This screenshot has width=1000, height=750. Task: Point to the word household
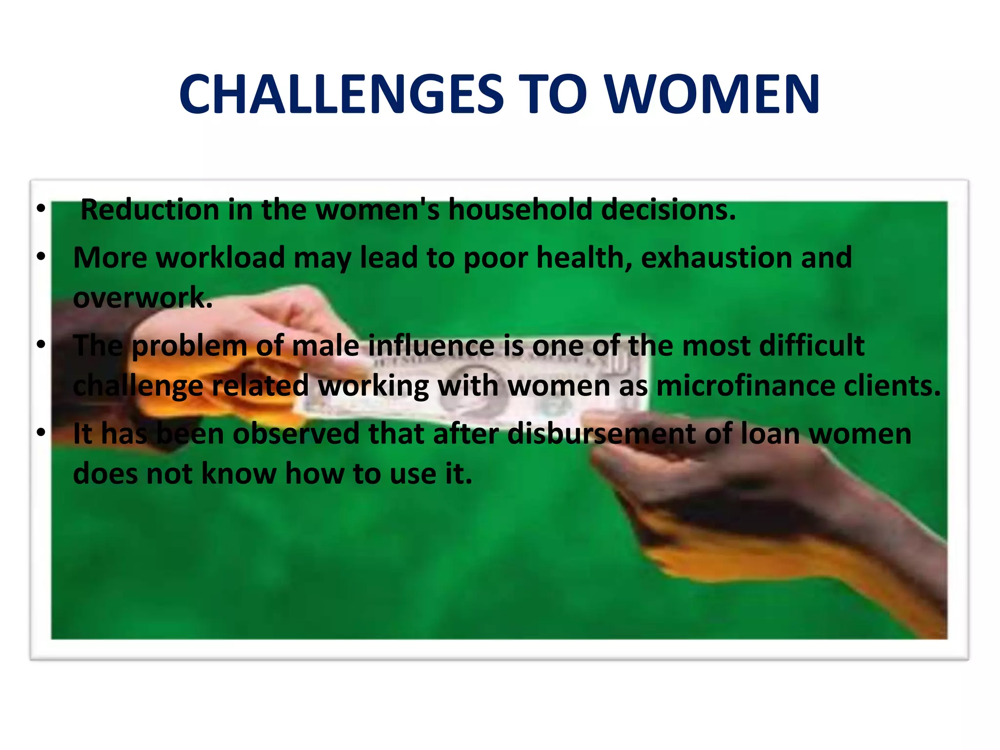520,209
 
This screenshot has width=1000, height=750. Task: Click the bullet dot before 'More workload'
41,256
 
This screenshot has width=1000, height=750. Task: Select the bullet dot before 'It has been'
41,432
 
